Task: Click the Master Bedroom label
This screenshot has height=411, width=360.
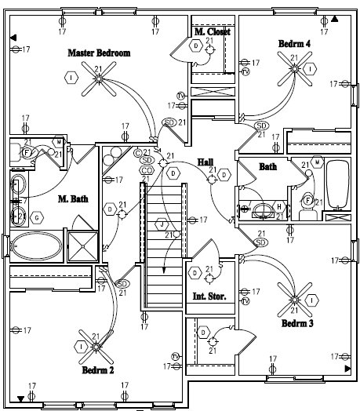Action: tap(99, 53)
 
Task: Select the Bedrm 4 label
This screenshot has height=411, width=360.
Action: tap(294, 44)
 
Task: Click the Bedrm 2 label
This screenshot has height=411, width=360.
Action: tap(98, 369)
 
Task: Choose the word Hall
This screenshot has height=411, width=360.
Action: tap(205, 162)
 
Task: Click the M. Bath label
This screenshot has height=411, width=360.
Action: tap(72, 199)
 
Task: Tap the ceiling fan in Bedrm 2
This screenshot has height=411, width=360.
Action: tap(98, 345)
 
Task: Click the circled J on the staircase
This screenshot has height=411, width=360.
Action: tap(162, 224)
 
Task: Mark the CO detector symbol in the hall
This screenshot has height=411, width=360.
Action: tap(147, 170)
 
